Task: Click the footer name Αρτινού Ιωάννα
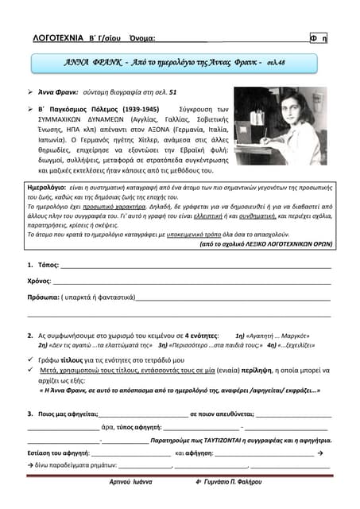[x=131, y=483]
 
